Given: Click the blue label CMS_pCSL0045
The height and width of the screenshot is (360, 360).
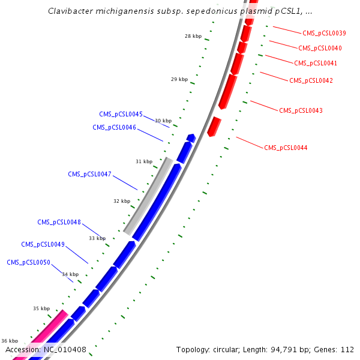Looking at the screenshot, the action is tap(121, 114).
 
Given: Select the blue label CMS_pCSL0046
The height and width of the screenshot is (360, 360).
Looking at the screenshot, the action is tap(114, 127).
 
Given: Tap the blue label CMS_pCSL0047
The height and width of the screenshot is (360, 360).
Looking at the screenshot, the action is tap(89, 174).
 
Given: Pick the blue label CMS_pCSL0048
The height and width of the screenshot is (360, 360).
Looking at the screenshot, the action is tap(59, 222).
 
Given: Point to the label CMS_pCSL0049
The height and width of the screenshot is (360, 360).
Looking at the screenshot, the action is tap(43, 244).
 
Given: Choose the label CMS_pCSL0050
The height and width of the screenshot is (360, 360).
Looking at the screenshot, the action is tap(28, 262).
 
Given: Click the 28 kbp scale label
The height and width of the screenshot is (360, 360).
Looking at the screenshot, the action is tap(193, 36).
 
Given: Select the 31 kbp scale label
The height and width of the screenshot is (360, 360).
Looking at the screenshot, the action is tap(144, 161).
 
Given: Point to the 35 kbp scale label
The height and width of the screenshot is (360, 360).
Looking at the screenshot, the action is tap(41, 308).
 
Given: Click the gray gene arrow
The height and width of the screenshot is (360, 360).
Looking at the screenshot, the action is tap(148, 196).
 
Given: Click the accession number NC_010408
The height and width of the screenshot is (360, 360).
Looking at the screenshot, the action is tap(64, 349).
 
